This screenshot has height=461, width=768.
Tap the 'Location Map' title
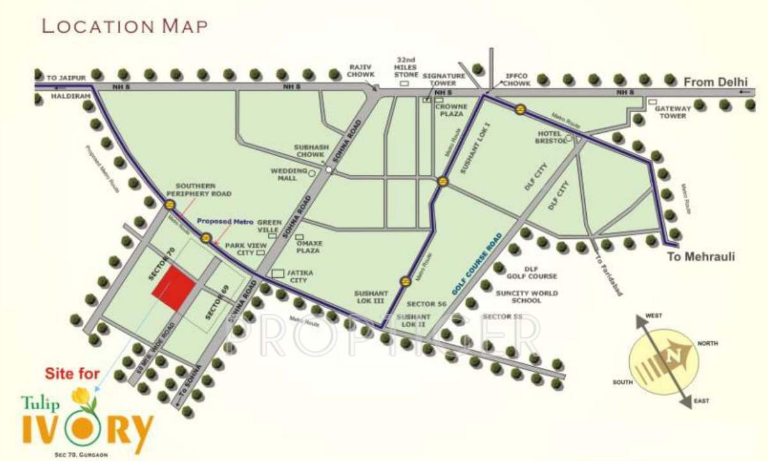tap(124, 26)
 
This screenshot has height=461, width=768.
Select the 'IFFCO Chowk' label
tap(516, 79)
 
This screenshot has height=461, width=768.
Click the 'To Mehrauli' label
tap(701, 257)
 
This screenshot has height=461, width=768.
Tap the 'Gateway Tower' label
tap(670, 112)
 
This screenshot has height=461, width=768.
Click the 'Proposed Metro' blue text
tap(225, 221)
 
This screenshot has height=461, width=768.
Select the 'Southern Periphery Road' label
tap(199, 190)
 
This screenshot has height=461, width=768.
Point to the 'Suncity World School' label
tap(527, 296)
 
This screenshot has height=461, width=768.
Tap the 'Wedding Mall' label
tap(284, 174)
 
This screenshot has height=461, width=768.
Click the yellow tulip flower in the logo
tap(82, 398)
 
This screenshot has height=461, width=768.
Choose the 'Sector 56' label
tap(427, 303)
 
